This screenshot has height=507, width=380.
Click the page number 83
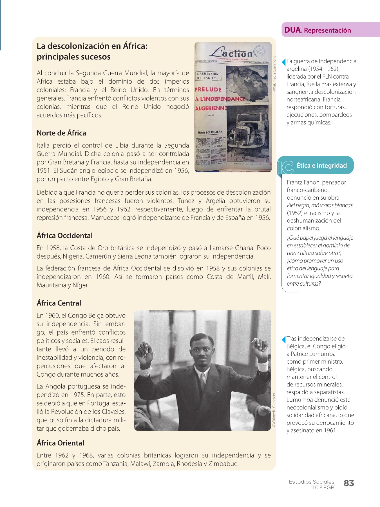click(x=349, y=483)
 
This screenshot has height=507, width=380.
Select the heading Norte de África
click(x=61, y=133)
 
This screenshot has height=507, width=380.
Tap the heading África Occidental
click(x=64, y=235)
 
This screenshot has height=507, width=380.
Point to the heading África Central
click(x=59, y=303)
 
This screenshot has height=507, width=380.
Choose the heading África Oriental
click(x=60, y=443)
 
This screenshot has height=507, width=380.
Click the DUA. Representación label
click(x=318, y=30)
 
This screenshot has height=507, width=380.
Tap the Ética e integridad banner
click(x=321, y=165)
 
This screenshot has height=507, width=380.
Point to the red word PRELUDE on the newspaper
click(x=208, y=90)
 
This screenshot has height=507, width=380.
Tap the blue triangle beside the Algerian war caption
click(x=283, y=62)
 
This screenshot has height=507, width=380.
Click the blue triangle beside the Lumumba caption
click(x=283, y=339)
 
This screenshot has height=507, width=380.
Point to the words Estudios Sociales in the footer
click(x=311, y=482)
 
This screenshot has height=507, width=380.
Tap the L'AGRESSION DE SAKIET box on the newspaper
click(x=208, y=76)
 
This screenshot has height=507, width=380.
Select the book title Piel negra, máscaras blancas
click(x=319, y=205)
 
